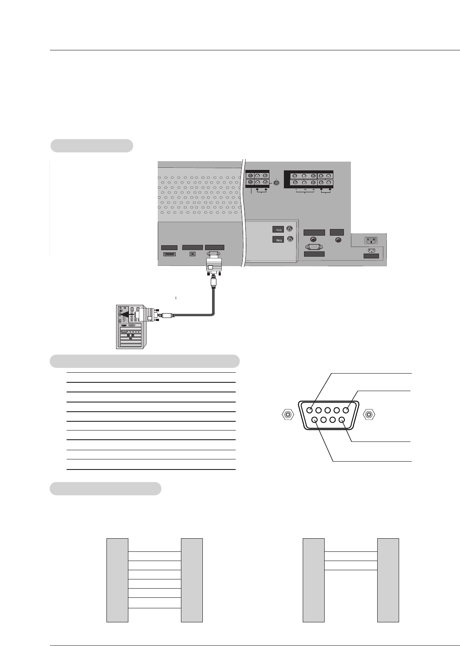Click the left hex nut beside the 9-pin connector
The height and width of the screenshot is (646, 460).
[287, 414]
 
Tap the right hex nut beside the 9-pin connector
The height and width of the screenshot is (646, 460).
[369, 414]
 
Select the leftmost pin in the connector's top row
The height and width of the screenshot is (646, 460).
[310, 410]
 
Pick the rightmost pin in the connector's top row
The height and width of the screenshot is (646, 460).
[346, 410]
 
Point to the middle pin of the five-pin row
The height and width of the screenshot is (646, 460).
[328, 410]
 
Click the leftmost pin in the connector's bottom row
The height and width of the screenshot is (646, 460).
[314, 420]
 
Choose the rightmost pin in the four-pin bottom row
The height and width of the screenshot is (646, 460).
[341, 420]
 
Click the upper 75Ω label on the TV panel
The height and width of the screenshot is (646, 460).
[278, 229]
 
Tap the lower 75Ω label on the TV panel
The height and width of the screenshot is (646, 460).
[278, 240]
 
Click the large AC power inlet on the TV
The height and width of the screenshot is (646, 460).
[371, 240]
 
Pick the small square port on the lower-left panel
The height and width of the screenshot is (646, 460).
[192, 254]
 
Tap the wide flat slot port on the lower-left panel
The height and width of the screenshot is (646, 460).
[170, 254]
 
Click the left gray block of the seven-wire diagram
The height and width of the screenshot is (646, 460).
[117, 580]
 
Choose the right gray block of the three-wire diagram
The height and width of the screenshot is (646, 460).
[388, 580]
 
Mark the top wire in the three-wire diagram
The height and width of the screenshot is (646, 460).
[351, 552]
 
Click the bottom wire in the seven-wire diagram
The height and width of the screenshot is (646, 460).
[155, 608]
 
